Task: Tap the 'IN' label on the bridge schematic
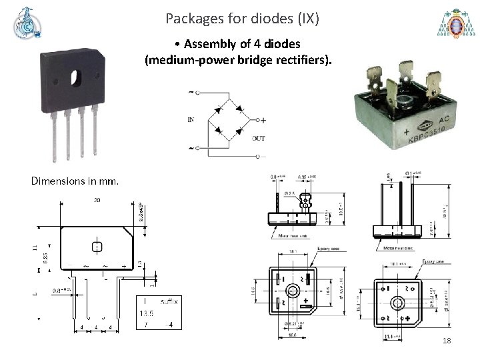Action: (191, 120)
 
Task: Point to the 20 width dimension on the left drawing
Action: (97, 199)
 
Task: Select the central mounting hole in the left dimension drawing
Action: (97, 246)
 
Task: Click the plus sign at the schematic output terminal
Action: (263, 120)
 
